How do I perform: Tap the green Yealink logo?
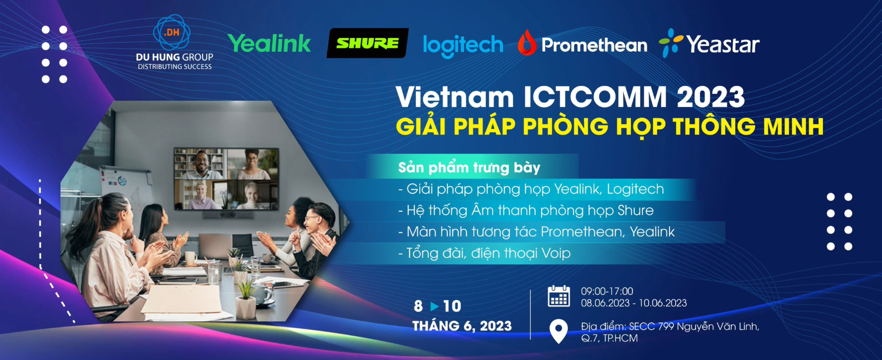[x=269, y=44]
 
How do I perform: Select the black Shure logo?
[x=367, y=43]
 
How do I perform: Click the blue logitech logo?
[x=463, y=46]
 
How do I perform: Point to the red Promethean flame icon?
[x=526, y=43]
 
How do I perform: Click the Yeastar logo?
[x=709, y=44]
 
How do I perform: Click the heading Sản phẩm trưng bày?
[x=469, y=167]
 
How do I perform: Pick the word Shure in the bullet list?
[x=635, y=210]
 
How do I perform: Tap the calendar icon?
[x=558, y=296]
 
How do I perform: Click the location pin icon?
[x=558, y=331]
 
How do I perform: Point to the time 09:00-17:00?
[x=607, y=291]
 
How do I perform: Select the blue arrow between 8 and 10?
[x=434, y=306]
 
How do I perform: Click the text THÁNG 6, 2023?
[x=462, y=326]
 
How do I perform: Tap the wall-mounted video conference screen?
[x=226, y=178]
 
